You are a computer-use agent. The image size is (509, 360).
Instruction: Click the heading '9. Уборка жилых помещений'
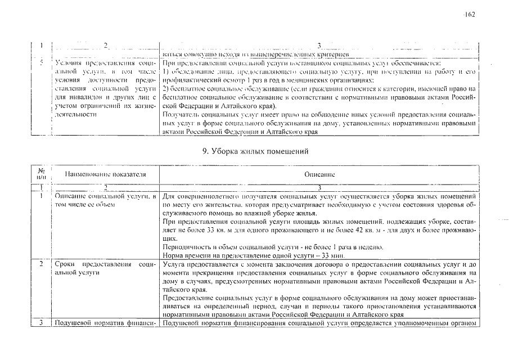coord(255,151)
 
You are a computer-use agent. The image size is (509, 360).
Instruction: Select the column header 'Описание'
coord(319,175)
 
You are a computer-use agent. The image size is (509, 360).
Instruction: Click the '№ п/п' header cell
coord(41,175)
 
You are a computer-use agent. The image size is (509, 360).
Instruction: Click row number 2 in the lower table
coord(41,264)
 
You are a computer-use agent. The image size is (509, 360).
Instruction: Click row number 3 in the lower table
coord(41,323)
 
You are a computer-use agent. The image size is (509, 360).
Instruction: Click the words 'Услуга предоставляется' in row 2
coord(198,264)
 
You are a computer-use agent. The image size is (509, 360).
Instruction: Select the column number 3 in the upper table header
coord(319,45)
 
